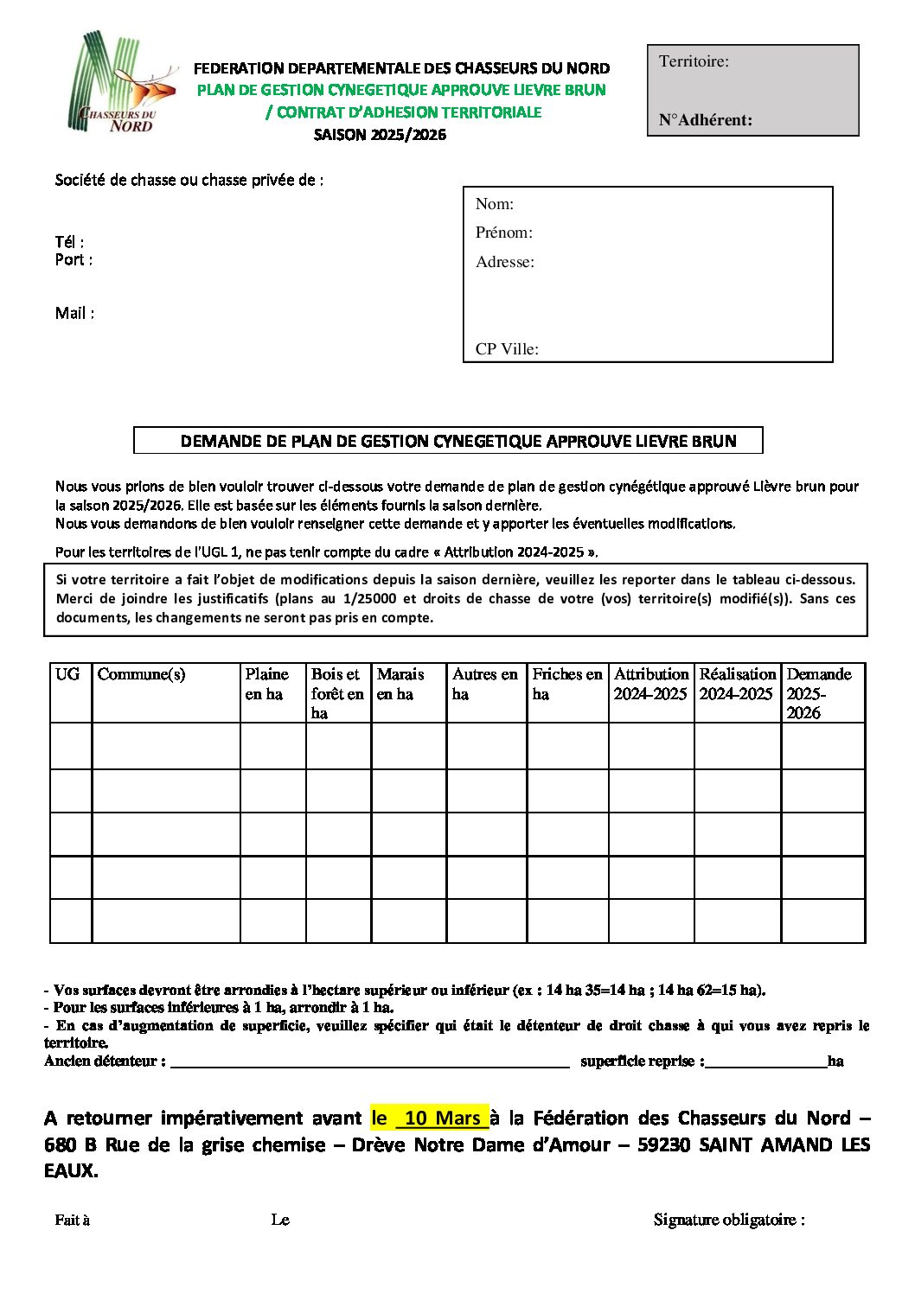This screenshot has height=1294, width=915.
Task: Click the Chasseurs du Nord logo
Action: click(121, 85)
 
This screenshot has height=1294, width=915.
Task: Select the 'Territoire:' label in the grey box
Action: click(694, 61)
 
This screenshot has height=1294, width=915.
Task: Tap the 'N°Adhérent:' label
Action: click(705, 120)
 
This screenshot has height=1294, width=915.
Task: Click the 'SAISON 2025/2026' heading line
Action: click(380, 135)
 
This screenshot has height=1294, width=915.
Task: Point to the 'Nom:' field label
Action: click(495, 204)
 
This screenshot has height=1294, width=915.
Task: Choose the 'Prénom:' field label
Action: click(503, 233)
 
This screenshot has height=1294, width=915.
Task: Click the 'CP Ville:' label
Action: click(507, 349)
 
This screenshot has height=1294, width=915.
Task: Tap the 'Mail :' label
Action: click(74, 313)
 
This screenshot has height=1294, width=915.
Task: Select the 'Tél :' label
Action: click(69, 242)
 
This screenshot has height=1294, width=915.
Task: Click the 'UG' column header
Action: click(67, 674)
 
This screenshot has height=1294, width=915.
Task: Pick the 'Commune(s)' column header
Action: click(141, 674)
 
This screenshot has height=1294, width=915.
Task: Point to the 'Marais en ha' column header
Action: click(400, 684)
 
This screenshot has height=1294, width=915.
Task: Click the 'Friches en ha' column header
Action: click(566, 684)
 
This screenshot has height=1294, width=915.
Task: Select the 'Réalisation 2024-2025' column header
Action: click(737, 684)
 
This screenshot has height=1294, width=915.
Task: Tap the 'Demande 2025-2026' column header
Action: click(818, 692)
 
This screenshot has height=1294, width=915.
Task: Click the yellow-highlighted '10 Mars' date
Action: click(441, 1118)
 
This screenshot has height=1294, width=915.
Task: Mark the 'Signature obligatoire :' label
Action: click(729, 1220)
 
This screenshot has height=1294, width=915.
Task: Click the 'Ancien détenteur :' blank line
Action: click(369, 1063)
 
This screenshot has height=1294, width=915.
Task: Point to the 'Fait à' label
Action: click(73, 1220)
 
